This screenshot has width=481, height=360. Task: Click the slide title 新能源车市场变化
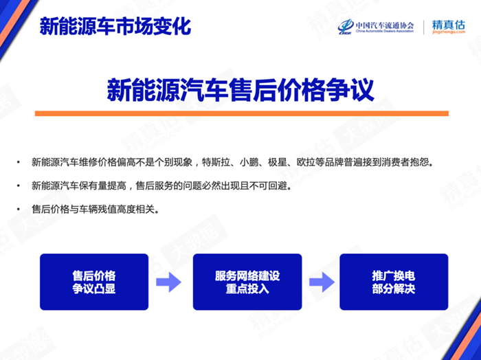(x=115, y=26)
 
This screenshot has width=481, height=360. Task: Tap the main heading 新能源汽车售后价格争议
(x=240, y=90)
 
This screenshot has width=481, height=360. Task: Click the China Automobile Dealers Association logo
(x=376, y=27)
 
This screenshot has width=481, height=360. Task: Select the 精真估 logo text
(x=449, y=25)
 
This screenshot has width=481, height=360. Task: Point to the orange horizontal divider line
(x=242, y=113)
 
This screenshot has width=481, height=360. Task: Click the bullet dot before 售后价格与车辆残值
(x=19, y=210)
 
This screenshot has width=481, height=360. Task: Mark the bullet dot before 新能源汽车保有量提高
(x=19, y=185)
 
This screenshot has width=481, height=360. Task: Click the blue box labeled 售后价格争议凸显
(x=94, y=282)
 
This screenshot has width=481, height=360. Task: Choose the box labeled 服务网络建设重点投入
(x=247, y=282)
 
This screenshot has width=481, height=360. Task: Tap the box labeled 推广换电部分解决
(x=394, y=282)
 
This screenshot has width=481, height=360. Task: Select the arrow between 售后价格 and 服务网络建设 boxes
(x=168, y=282)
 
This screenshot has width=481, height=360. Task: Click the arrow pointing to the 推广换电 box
(x=322, y=282)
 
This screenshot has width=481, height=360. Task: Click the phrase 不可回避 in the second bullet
(x=268, y=185)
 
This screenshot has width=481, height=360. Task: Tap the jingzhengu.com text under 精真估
(x=449, y=32)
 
